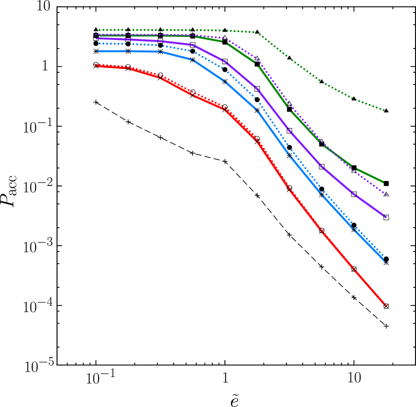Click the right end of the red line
click(385, 305)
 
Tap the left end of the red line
click(96, 65)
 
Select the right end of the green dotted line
click(384, 110)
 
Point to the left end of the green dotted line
click(99, 30)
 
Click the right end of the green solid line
click(383, 181)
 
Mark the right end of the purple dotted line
click(386, 194)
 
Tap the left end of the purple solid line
click(96, 38)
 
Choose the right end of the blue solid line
click(385, 261)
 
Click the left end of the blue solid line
click(97, 51)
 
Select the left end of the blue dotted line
click(99, 43)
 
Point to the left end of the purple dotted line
click(96, 34)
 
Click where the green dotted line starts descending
click(256, 32)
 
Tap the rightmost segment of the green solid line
click(370, 175)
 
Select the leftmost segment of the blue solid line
click(112, 51)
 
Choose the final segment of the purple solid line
click(370, 205)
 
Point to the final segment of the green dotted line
click(370, 104)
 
